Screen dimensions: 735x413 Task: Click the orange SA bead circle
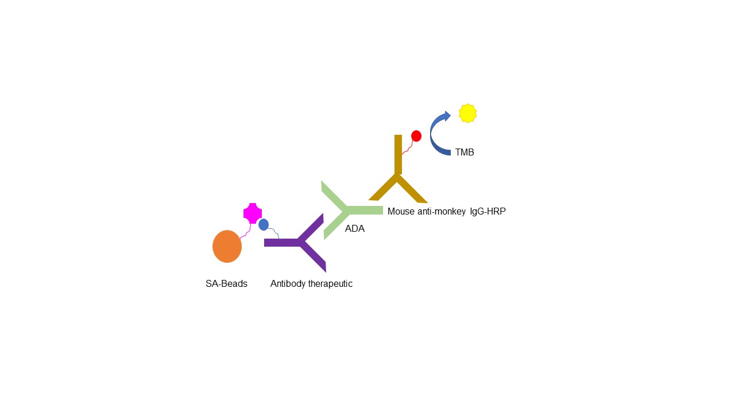227,247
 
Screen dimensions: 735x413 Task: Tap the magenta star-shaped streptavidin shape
253,213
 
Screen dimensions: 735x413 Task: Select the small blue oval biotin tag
264,224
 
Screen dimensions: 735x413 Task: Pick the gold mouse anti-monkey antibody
398,177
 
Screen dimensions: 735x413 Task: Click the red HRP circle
416,136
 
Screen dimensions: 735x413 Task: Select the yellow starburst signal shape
467,114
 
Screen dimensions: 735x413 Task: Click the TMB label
465,153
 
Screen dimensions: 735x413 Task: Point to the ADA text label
355,228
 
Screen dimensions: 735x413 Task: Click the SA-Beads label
226,283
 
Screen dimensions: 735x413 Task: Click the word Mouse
401,212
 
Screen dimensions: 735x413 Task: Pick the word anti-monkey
442,212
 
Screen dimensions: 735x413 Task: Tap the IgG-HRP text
488,212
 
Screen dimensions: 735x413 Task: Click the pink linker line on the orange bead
246,231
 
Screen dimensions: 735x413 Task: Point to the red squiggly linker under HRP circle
408,148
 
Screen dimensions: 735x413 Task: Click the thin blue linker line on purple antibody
274,233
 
